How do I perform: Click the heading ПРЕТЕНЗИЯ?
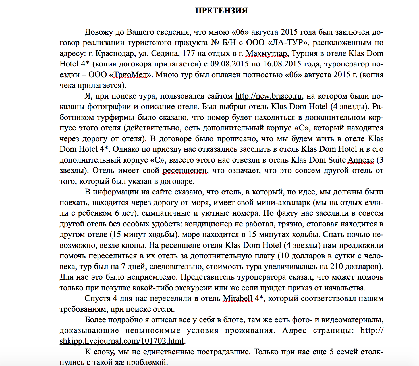(221, 11)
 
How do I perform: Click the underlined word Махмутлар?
(266, 53)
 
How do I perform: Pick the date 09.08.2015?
(229, 64)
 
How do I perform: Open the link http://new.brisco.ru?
(269, 96)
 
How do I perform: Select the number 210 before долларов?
(336, 267)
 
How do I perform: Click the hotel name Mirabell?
(238, 298)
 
